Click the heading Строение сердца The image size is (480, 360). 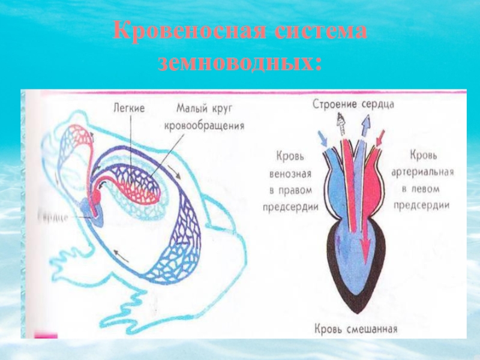[353, 104]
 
